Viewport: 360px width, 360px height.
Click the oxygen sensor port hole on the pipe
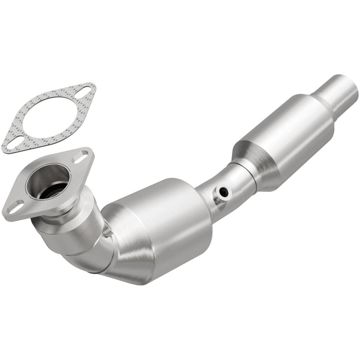click(x=223, y=192)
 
